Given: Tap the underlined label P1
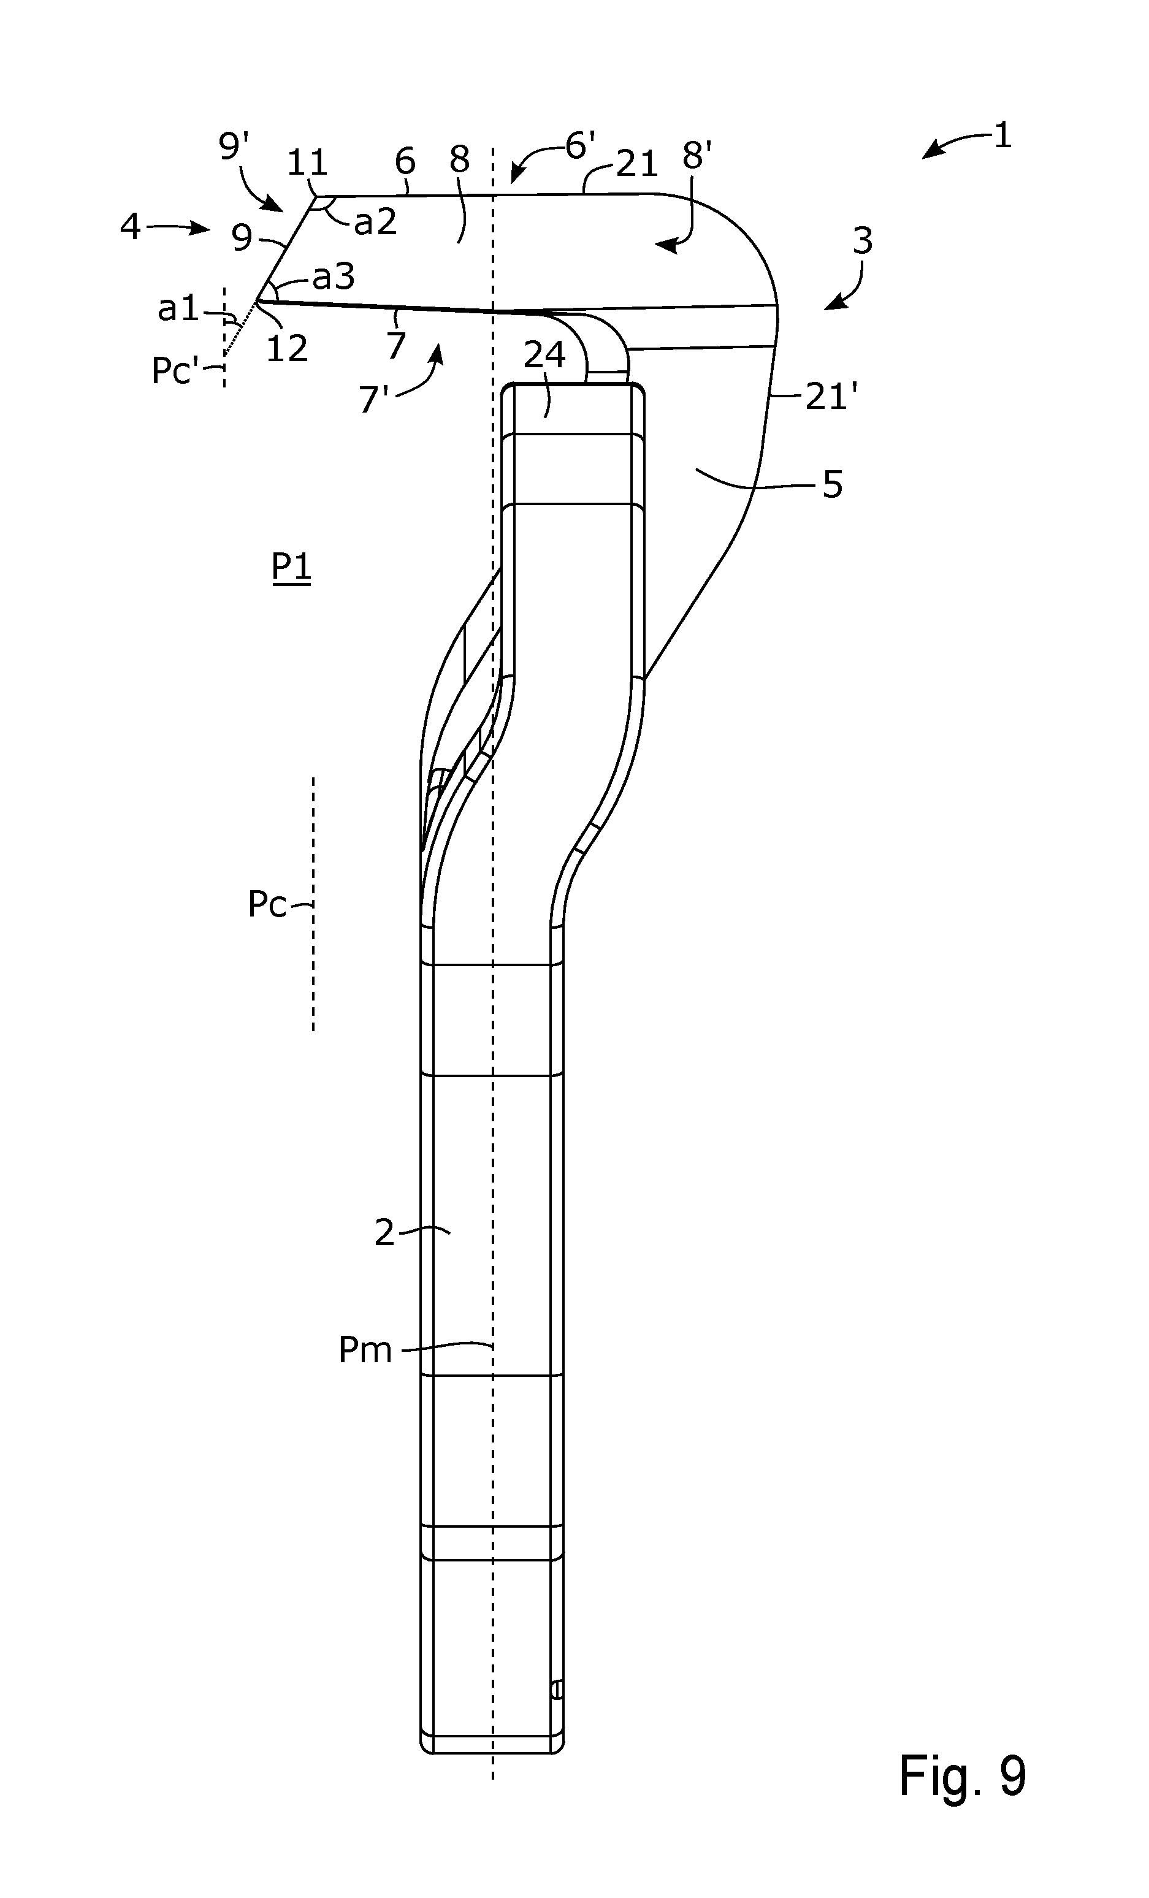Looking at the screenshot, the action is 291,568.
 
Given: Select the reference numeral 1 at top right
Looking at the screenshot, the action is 1002,135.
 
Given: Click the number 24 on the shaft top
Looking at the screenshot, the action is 545,355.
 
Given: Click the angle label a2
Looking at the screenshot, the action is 375,223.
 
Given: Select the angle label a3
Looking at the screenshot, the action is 334,276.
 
